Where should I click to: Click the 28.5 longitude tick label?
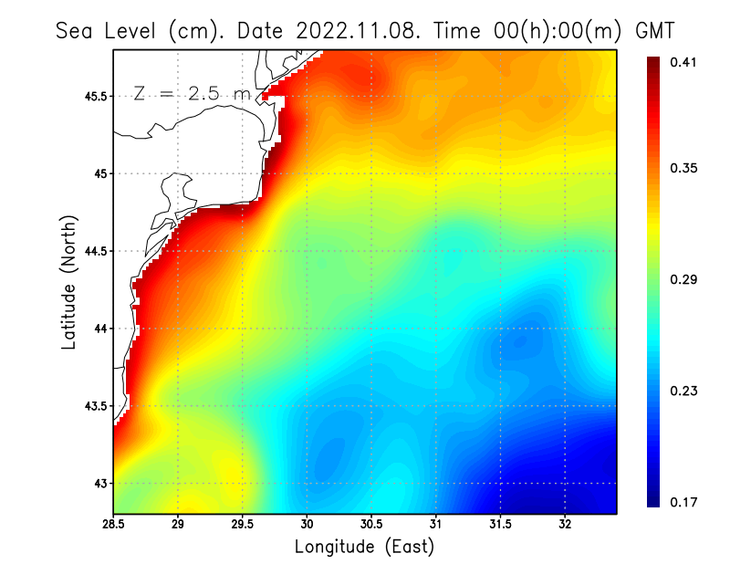[x=114, y=524]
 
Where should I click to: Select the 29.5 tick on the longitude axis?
[x=243, y=524]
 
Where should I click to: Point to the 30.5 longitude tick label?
[x=371, y=524]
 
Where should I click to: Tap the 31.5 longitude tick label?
[x=500, y=524]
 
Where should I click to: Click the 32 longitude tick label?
[x=565, y=524]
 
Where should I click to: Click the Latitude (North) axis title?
[x=68, y=283]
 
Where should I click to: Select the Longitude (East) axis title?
[x=364, y=547]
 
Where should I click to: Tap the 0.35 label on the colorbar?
[x=684, y=168]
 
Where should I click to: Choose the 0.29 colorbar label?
[x=684, y=279]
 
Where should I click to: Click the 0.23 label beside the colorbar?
[x=684, y=391]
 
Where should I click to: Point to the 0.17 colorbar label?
[x=684, y=502]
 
